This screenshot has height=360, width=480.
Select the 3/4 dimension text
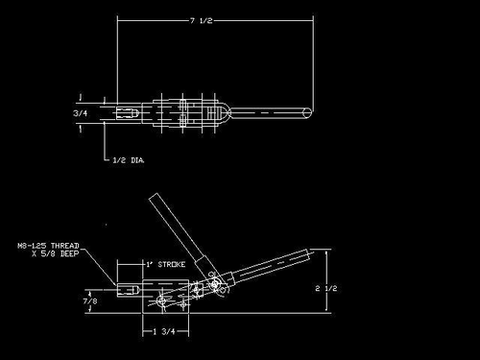[x=80, y=112]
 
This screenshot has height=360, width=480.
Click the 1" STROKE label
[x=164, y=263]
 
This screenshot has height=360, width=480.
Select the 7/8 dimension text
[x=90, y=301]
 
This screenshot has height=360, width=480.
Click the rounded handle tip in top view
[x=307, y=112]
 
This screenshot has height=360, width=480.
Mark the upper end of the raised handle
[x=154, y=199]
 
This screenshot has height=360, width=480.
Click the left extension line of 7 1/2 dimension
[x=116, y=58]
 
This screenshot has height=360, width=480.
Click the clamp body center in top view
[x=182, y=112]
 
